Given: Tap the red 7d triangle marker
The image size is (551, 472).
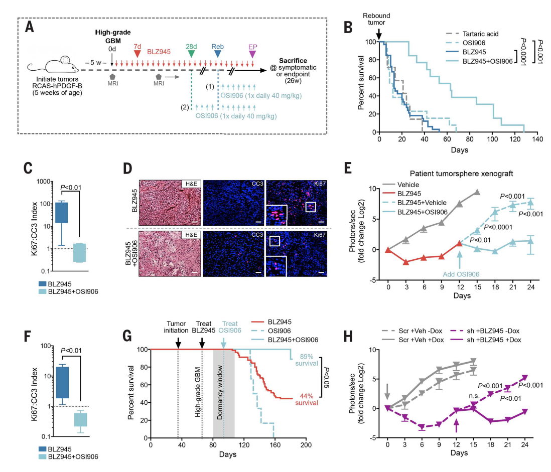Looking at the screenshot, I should pos(137,52).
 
